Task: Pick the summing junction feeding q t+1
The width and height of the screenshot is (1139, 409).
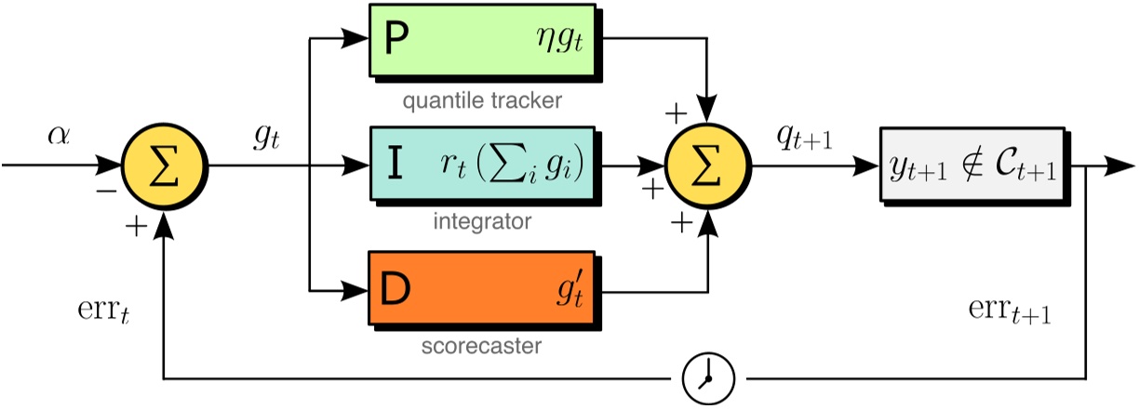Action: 710,166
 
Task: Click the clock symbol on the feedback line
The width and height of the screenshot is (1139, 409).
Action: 708,378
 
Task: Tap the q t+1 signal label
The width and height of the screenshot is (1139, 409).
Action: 806,137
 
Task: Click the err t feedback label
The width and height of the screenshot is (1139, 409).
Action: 100,309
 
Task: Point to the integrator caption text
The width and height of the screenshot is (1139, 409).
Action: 482,223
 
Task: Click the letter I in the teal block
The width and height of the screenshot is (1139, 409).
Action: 395,166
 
